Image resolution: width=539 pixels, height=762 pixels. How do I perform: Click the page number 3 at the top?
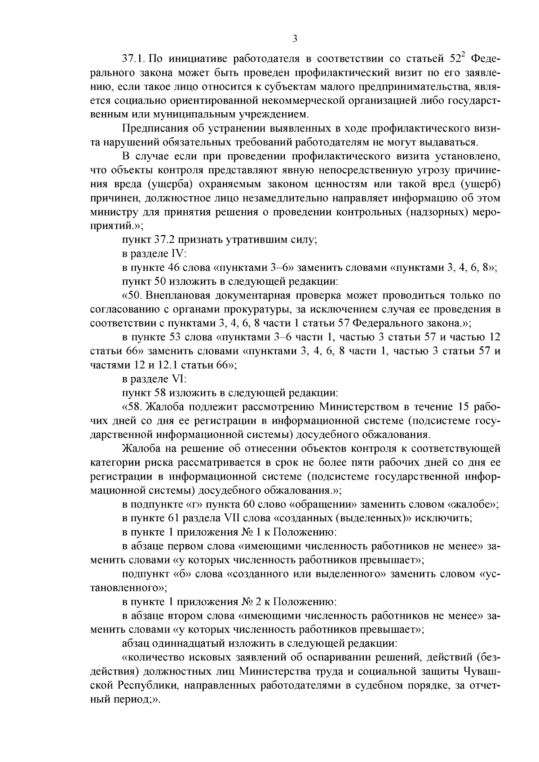tap(295, 39)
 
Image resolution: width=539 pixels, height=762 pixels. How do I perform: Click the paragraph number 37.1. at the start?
tap(133, 59)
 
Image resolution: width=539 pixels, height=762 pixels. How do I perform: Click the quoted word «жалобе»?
tap(472, 504)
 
